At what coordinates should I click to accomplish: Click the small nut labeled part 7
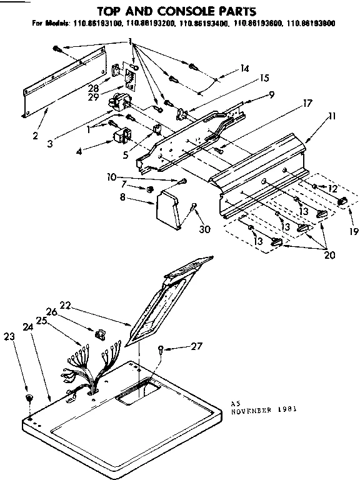pos(150,189)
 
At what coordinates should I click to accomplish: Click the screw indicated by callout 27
pos(161,349)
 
